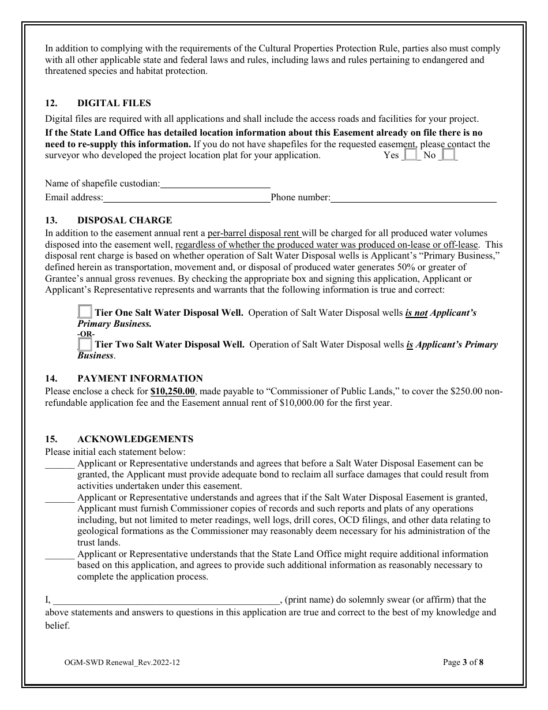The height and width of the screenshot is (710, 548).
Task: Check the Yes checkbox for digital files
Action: tap(410, 155)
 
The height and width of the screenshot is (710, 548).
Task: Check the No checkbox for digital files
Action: tap(448, 155)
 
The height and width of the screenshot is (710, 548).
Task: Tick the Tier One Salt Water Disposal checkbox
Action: tap(85, 312)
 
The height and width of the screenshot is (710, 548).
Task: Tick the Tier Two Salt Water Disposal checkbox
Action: tap(85, 345)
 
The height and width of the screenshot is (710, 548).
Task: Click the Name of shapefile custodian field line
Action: tap(215, 183)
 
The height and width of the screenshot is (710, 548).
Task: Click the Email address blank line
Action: tap(187, 197)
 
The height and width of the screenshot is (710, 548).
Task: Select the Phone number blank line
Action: tap(413, 197)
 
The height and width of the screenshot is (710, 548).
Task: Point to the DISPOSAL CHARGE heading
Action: tap(125, 221)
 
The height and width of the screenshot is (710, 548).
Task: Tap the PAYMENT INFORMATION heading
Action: tap(140, 379)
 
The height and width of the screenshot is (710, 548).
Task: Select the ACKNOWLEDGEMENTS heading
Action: tap(135, 439)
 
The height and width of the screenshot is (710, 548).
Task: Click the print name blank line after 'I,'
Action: tap(166, 600)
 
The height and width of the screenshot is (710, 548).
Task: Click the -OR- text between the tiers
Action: tap(87, 334)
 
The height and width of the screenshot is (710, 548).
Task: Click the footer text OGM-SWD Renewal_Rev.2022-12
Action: tap(122, 663)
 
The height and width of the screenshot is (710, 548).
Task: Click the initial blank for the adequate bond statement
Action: tap(59, 464)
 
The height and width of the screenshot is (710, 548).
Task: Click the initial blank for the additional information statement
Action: tap(59, 554)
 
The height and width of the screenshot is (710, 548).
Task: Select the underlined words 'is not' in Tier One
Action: tap(416, 313)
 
